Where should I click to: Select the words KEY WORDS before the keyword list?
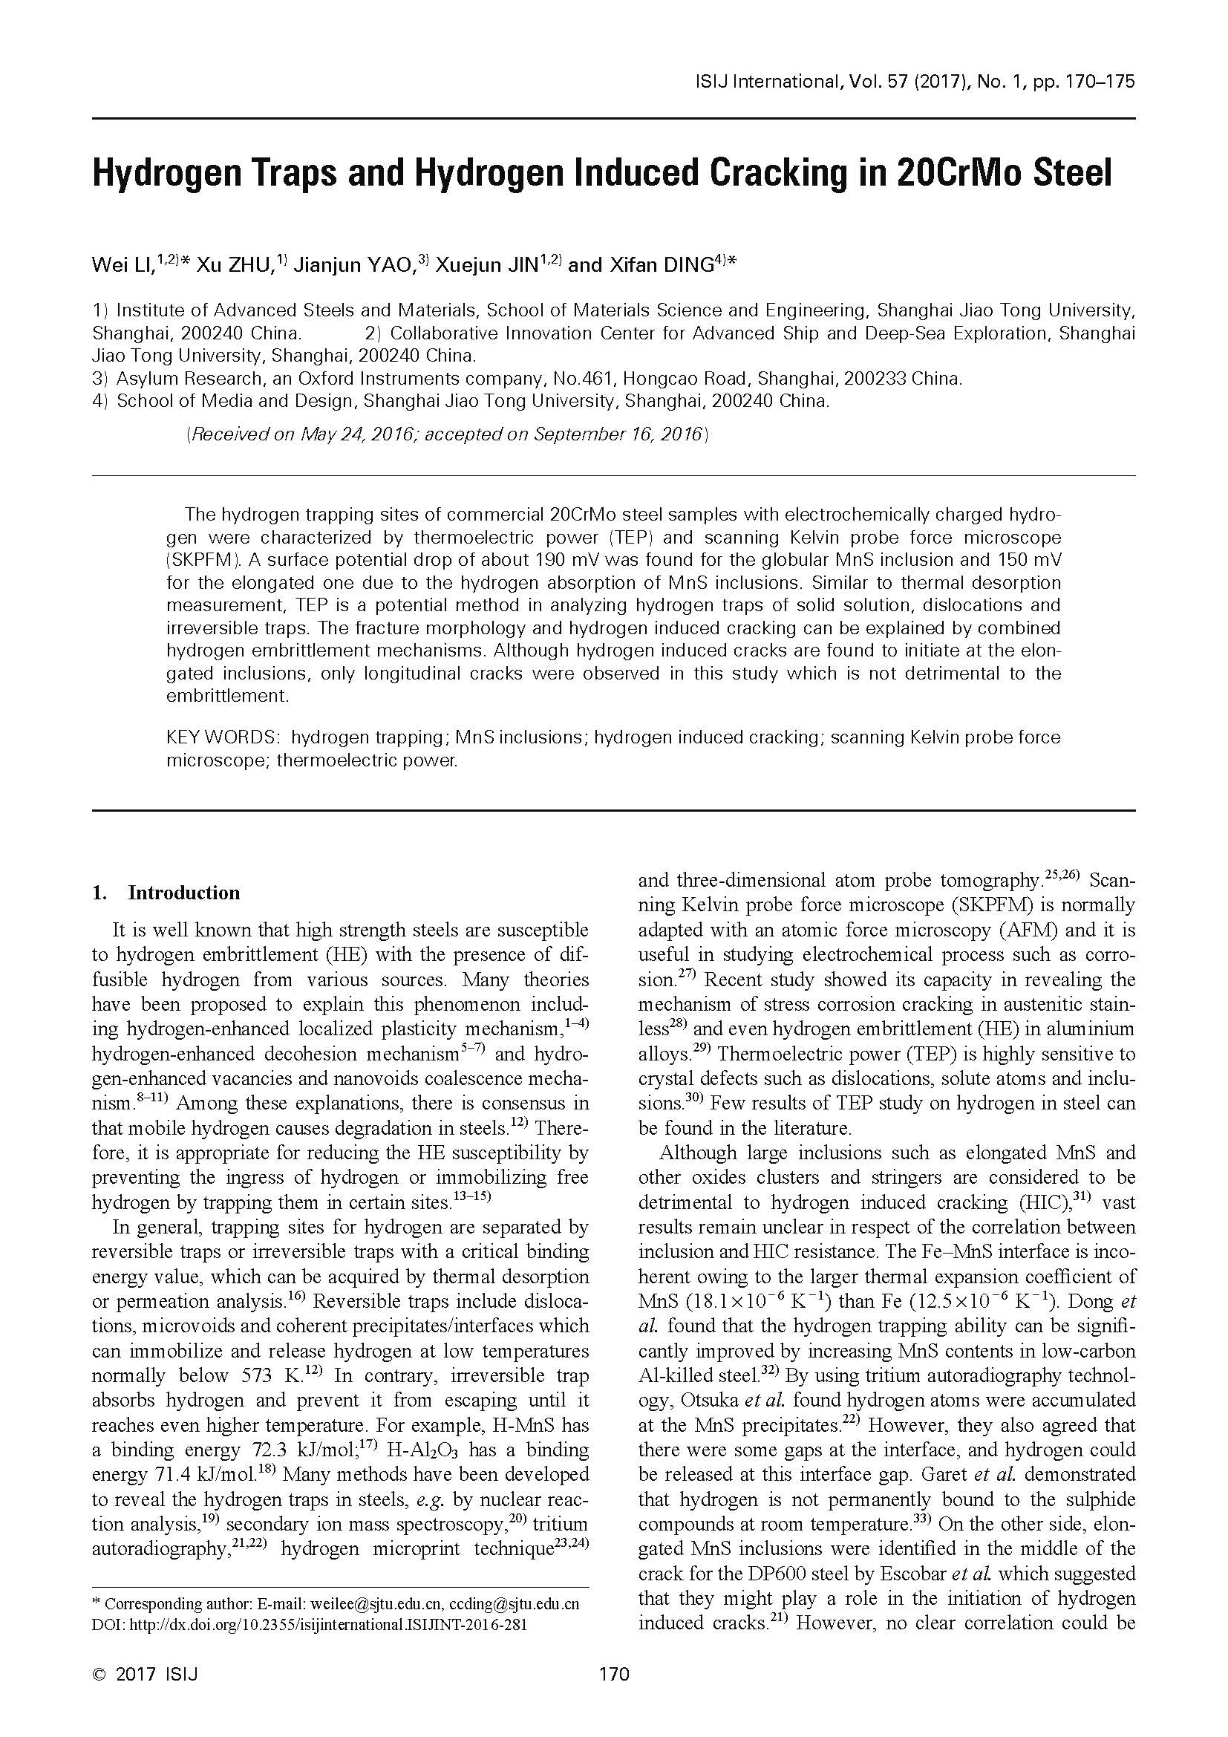[223, 737]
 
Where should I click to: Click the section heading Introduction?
[183, 893]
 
